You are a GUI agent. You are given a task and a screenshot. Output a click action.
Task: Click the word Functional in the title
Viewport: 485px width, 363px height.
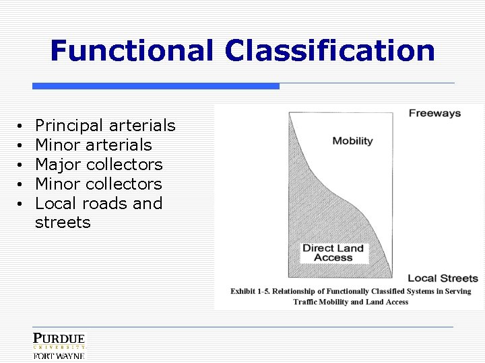(132, 51)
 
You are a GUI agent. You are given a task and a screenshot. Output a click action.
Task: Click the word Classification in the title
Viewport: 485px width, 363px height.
(330, 51)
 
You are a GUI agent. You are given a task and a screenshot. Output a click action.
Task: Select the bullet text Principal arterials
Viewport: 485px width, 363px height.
(105, 126)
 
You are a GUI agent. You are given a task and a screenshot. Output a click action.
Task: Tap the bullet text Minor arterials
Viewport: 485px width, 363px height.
(94, 145)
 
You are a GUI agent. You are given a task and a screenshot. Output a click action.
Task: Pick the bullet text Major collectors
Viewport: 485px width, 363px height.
(99, 165)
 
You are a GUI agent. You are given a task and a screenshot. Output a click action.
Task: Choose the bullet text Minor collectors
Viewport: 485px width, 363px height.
(98, 184)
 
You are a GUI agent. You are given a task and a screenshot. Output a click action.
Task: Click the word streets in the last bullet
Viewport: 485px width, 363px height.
(63, 223)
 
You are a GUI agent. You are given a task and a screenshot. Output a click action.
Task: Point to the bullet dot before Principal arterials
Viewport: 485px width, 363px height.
(22, 126)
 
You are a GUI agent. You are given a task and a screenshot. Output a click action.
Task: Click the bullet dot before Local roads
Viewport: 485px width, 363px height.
(22, 204)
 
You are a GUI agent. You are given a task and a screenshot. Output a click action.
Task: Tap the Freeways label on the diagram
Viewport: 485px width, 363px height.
(434, 113)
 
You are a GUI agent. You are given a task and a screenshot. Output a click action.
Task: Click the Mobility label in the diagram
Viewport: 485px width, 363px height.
(352, 141)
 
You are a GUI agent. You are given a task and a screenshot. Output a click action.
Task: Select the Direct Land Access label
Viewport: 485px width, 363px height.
(333, 253)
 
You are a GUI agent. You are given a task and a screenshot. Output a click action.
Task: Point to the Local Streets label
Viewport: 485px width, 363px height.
(443, 278)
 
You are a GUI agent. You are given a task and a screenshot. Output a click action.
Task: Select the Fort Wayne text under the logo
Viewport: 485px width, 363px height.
(59, 356)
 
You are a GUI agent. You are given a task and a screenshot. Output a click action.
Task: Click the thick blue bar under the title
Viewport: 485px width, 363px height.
(156, 86)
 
